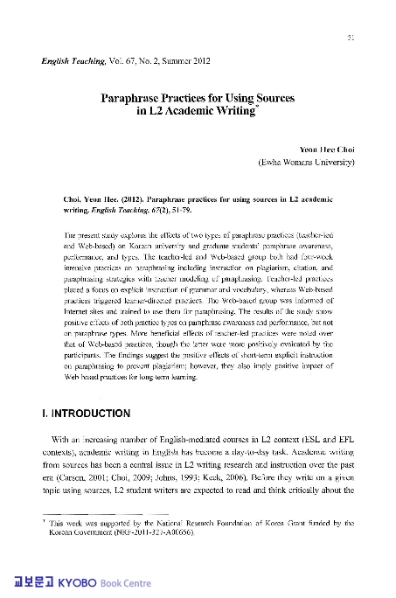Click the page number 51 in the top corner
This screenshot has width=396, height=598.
[x=351, y=38]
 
